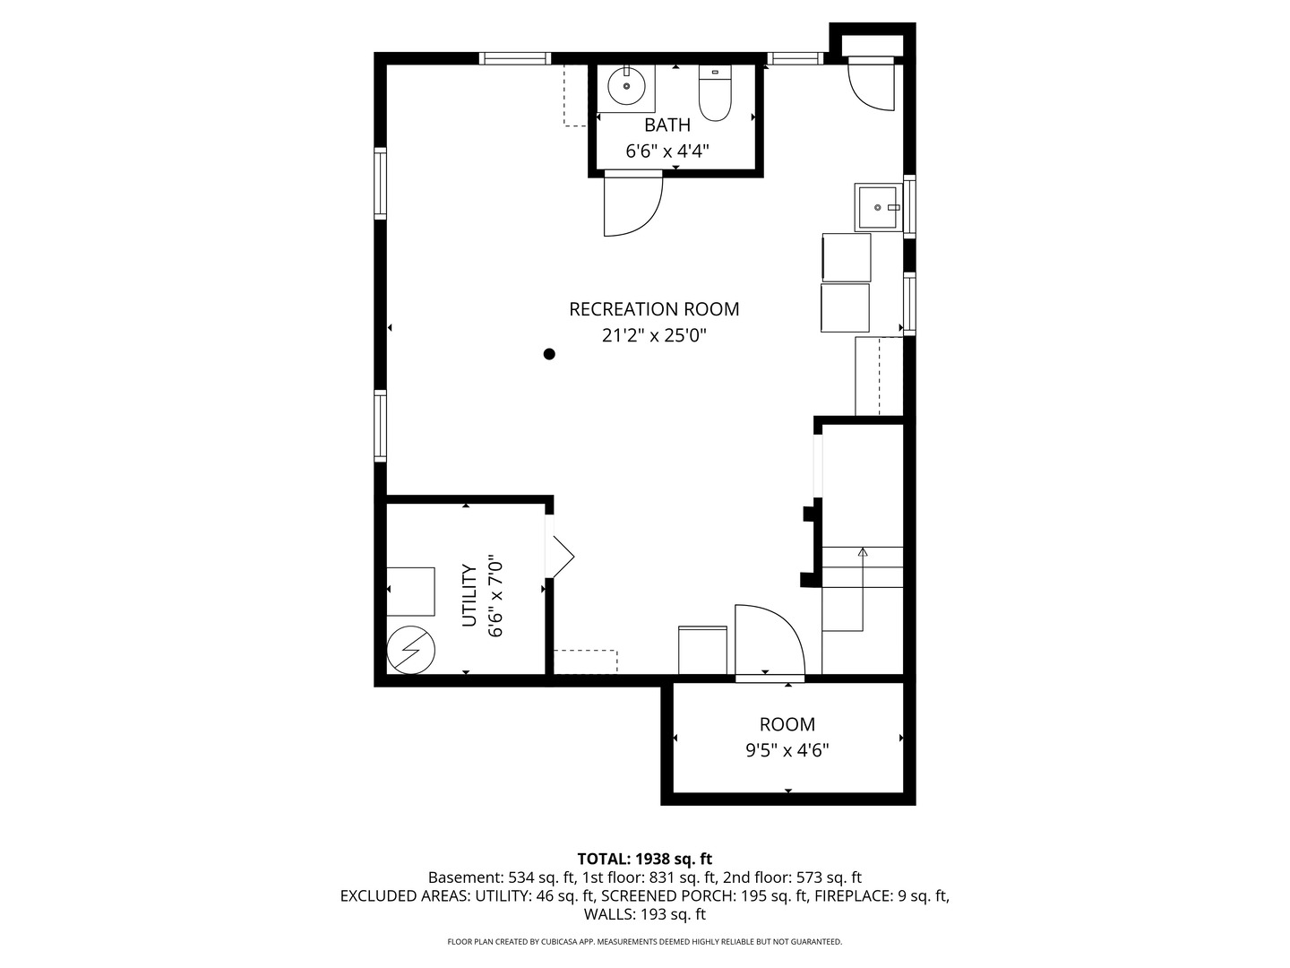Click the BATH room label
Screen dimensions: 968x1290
point(667,125)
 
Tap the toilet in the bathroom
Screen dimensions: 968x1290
point(715,95)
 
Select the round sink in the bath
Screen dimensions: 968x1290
point(626,87)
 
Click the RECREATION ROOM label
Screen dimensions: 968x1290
point(654,309)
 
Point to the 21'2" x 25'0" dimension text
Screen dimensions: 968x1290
point(654,336)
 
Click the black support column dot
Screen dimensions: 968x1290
point(549,354)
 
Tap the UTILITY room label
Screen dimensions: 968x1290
point(468,595)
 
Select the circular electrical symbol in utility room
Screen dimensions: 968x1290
point(411,648)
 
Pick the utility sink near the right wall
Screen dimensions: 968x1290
point(879,207)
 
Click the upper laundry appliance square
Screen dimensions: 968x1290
point(847,257)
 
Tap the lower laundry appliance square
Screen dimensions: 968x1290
point(845,307)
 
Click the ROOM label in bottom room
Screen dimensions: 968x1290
point(787,724)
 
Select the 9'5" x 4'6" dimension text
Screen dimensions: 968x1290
point(787,751)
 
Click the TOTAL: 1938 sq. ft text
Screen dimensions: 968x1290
point(645,859)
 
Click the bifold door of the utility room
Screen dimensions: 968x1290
point(560,557)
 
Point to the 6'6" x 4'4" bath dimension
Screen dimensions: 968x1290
point(667,151)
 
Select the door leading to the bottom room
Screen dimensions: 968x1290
point(768,641)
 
